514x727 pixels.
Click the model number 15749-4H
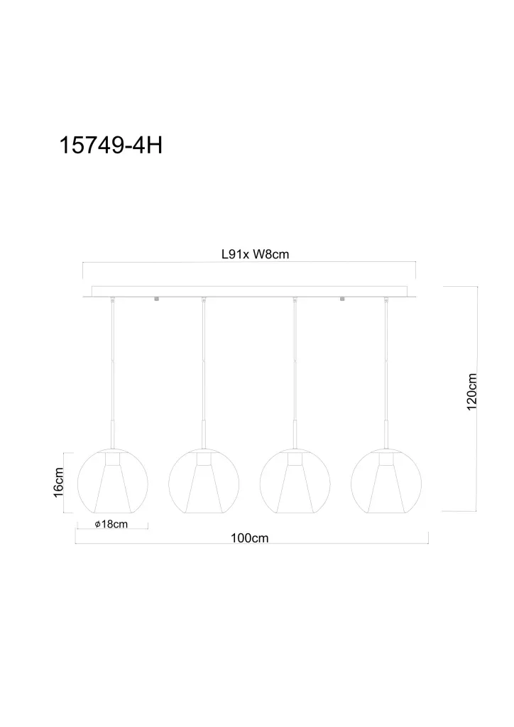pyautogui.click(x=111, y=145)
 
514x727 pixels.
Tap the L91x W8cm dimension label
pyautogui.click(x=255, y=254)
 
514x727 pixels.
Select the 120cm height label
pyautogui.click(x=471, y=392)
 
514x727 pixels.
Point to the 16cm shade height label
pyautogui.click(x=58, y=483)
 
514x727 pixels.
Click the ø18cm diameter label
pyautogui.click(x=111, y=525)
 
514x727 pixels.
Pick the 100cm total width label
pyautogui.click(x=249, y=538)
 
